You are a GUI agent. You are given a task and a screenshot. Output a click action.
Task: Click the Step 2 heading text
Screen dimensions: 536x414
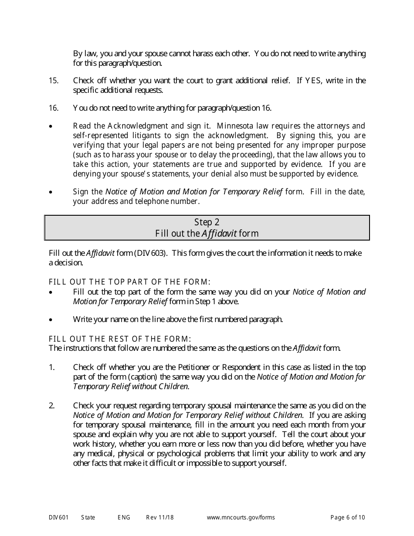coord(207,222)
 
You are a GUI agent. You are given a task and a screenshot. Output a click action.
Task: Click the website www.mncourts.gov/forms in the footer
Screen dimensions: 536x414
coord(241,518)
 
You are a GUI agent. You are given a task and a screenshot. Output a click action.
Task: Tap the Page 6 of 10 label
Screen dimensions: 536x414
coord(347,518)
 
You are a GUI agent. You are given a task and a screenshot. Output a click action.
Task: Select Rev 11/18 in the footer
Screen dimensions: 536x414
coord(159,518)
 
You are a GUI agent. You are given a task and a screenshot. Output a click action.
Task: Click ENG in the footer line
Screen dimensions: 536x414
coord(124,518)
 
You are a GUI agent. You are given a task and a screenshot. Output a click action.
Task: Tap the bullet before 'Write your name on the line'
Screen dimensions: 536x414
coord(51,320)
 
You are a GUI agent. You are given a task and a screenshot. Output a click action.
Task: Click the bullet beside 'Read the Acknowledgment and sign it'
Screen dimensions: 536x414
coord(51,127)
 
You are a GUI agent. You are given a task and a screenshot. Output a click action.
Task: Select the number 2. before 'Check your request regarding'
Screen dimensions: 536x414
coord(52,406)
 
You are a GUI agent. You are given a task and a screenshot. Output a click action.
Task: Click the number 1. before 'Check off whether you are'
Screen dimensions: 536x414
coord(52,367)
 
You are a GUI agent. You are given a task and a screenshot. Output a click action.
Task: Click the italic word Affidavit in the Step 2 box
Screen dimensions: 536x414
coord(219,234)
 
